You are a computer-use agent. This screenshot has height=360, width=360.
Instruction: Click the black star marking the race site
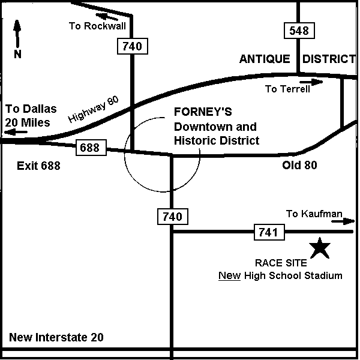pos(319,248)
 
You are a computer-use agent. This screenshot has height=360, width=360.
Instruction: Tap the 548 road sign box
pos(299,31)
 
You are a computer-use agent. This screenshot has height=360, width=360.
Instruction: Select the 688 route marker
pos(91,148)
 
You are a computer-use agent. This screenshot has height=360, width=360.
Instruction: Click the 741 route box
pos(269,232)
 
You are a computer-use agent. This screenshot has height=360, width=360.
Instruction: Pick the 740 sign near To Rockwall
pos(133,46)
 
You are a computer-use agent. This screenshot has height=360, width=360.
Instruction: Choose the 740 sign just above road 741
pos(173,217)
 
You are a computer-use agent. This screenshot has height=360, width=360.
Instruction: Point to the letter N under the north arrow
pos(17,54)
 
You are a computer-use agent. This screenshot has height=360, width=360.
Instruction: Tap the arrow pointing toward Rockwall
pos(107,17)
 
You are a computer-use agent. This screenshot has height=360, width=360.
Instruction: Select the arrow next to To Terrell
pos(311,82)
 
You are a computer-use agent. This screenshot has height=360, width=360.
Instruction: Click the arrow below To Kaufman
pos(343,221)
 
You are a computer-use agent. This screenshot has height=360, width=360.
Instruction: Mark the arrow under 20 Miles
pos(16,132)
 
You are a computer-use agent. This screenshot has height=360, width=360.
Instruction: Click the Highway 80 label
pos(94,109)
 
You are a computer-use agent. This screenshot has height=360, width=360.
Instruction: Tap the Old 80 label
pos(299,165)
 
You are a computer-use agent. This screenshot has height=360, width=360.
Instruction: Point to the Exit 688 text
pos(38,166)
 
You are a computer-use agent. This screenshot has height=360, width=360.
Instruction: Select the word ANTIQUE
pos(265,59)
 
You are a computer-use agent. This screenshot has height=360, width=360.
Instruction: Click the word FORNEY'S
pos(203,112)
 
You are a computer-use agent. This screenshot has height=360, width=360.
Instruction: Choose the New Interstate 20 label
pos(56,337)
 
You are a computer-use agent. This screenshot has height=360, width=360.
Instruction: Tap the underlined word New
pos(229,275)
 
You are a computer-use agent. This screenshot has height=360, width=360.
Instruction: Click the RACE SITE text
pos(281,263)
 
